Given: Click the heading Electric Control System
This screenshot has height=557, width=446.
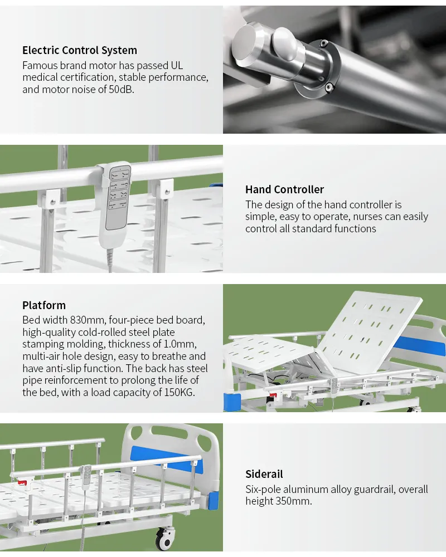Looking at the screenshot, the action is (80, 51).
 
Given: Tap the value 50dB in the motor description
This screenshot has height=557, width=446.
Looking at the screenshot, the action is (122, 89).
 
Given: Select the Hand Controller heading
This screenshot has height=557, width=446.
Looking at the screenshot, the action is (284, 189).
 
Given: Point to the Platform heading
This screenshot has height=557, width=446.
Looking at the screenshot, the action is (44, 305).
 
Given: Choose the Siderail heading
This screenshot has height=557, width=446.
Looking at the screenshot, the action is (264, 474).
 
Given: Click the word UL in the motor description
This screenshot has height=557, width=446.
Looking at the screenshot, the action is (177, 65).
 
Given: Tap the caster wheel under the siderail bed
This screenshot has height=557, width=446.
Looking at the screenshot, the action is (166, 539).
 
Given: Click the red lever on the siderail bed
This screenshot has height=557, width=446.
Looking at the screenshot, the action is (22, 483).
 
